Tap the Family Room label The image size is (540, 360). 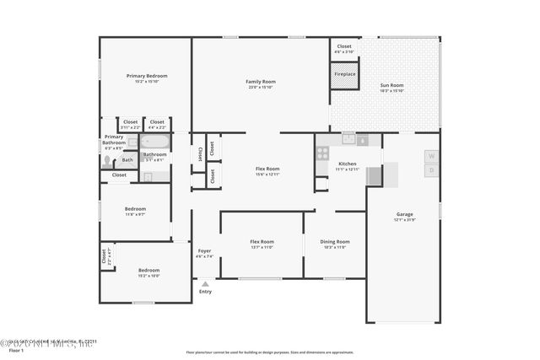pos(262,82)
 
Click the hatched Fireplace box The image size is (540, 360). pos(344,74)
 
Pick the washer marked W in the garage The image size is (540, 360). pos(430,156)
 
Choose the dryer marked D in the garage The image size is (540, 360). pos(430,170)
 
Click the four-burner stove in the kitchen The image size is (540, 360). pos(322,153)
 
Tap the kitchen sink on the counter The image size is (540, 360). pos(349,138)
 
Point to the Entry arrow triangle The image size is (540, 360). pos(204,283)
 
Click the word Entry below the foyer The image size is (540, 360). pos(205,292)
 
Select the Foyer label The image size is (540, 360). pos(205,250)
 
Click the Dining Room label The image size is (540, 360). pos(336,242)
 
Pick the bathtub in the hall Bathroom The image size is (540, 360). pos(155,142)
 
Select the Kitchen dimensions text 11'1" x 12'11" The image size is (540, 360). pos(348,169)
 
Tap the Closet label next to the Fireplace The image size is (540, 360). pos(344,46)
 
